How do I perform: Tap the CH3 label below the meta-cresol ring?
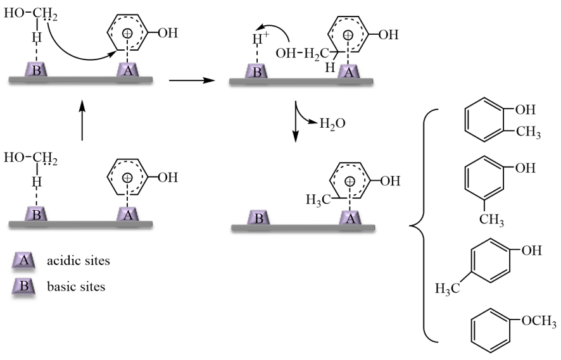click(491, 220)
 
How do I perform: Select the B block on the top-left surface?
click(37, 70)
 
